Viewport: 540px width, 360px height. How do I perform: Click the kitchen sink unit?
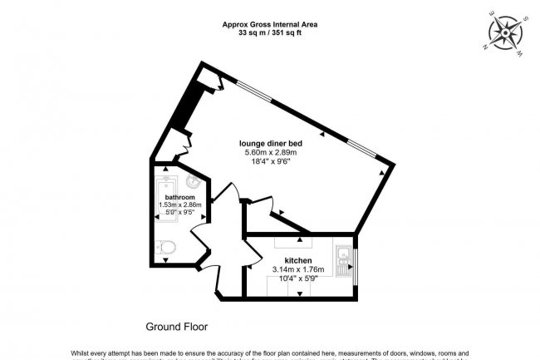[x=341, y=262]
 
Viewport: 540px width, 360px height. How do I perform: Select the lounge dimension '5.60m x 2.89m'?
[x=270, y=152]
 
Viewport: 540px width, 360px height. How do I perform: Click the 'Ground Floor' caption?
[x=177, y=326]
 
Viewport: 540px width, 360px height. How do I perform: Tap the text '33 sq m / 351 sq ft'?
[x=270, y=34]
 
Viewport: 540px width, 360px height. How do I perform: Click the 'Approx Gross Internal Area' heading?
[x=270, y=25]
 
